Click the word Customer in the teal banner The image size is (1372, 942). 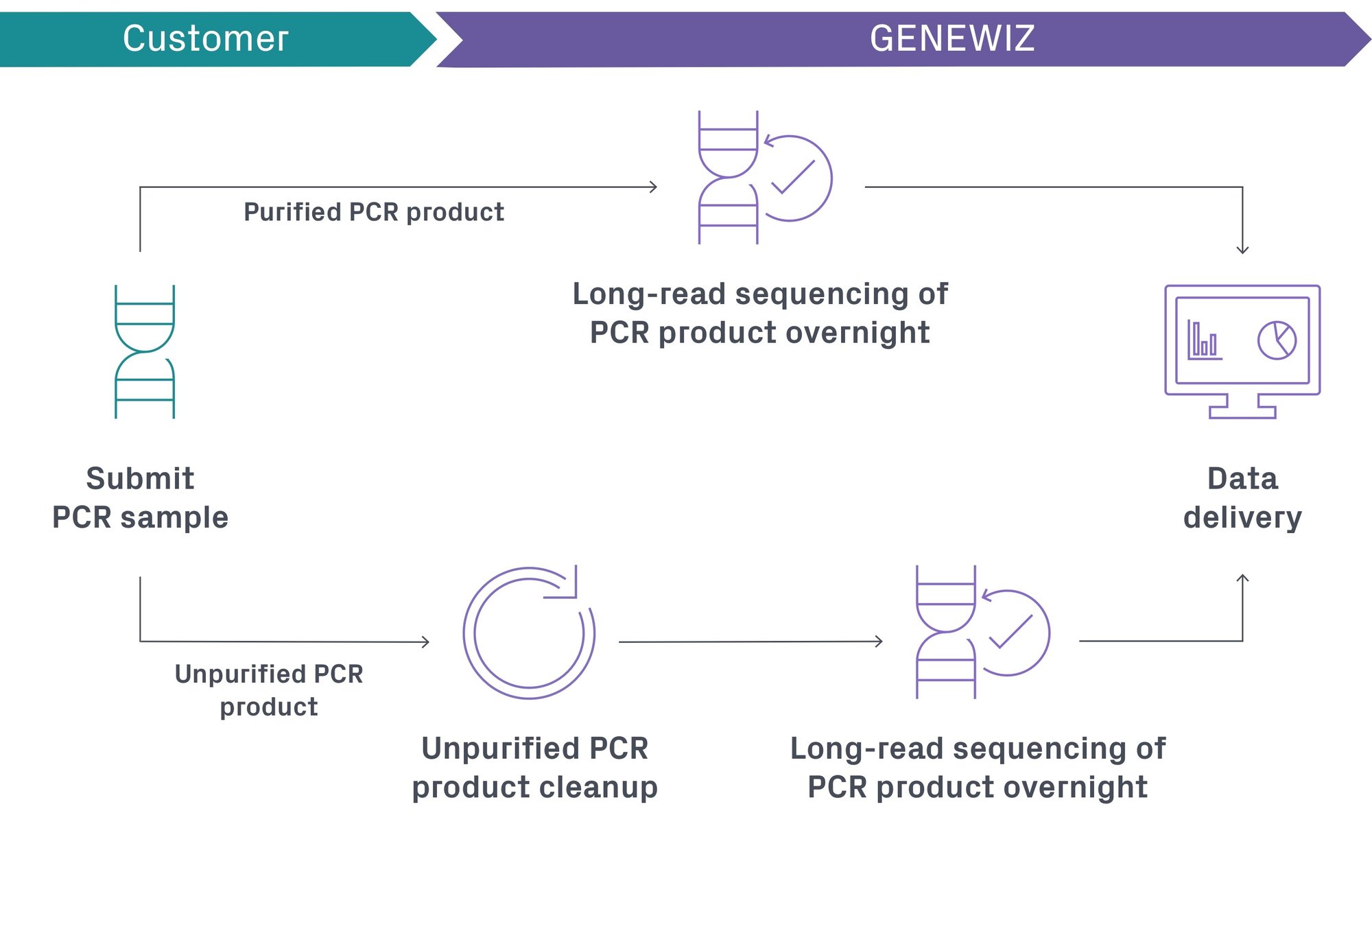[205, 38]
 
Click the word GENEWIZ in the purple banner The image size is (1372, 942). [951, 38]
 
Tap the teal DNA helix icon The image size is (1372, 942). [145, 351]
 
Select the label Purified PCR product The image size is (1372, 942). [374, 212]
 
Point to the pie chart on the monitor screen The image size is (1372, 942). [1276, 340]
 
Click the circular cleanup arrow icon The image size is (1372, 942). [529, 633]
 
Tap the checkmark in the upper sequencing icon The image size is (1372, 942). [793, 177]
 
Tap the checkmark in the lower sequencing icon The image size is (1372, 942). [1010, 632]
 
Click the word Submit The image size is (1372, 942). [140, 478]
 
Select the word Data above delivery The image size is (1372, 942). [1242, 478]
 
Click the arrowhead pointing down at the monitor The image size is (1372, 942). [1242, 250]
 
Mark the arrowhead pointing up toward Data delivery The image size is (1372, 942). [1242, 578]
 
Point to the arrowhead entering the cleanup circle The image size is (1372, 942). [426, 641]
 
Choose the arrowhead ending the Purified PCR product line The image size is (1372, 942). [654, 187]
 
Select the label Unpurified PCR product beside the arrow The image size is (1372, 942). [269, 690]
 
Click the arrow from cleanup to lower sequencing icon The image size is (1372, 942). [750, 641]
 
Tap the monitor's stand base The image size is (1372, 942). [1242, 412]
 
